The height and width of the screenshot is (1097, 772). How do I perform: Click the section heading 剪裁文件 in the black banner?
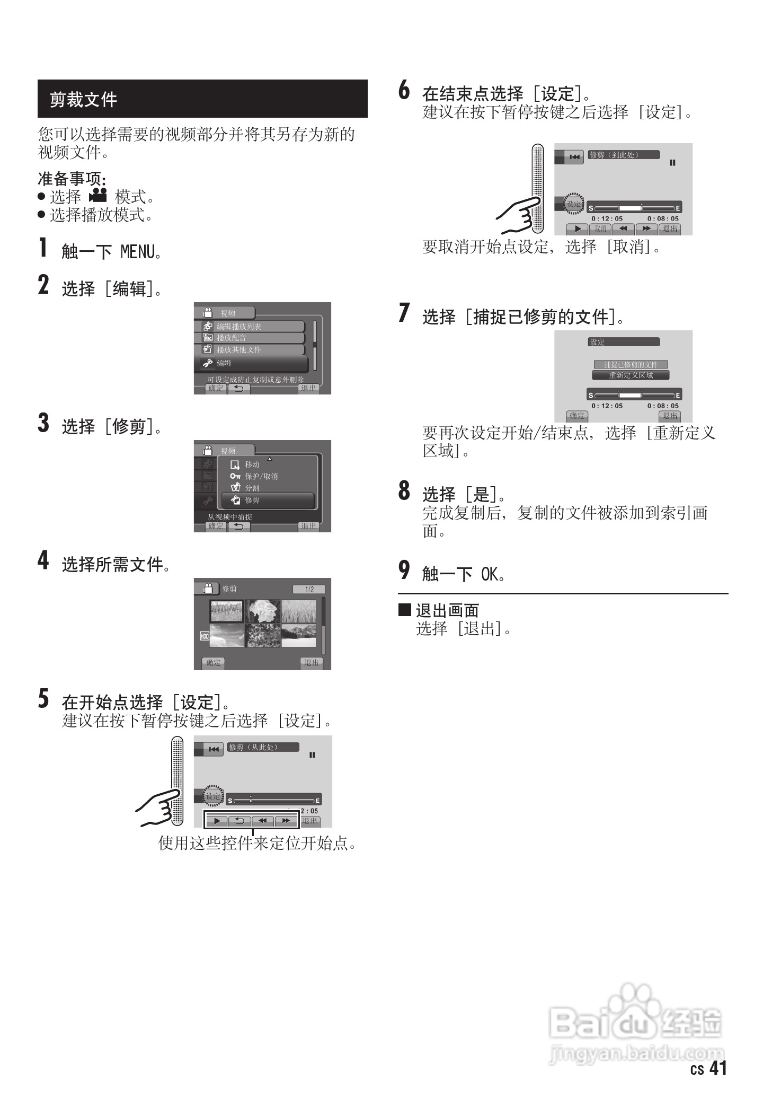83,99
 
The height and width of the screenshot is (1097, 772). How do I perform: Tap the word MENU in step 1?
137,251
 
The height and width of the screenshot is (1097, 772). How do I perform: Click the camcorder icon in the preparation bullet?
98,196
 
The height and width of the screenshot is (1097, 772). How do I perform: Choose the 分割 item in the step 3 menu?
252,488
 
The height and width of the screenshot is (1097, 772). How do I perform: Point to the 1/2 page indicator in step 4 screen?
309,589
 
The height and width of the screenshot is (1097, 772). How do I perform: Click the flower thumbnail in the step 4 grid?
263,611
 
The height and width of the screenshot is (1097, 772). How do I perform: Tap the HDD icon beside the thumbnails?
204,636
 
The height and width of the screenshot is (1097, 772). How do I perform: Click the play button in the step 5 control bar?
217,821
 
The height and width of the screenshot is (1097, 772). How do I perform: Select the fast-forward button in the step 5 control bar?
286,821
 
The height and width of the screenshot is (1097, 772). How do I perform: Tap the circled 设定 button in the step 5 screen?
213,796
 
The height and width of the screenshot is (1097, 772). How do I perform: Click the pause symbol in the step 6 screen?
672,163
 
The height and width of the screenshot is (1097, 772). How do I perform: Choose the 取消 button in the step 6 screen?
600,229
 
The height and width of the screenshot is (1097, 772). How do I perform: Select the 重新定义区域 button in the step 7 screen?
631,375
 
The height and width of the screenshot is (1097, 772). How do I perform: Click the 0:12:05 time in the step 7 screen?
607,406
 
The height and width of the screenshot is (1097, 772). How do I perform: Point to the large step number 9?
404,570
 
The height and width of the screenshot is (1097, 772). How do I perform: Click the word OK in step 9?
489,574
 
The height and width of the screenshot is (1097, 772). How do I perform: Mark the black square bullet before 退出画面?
404,609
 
